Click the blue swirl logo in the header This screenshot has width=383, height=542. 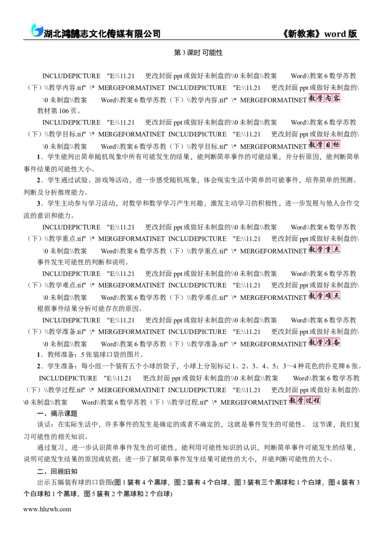coord(36,31)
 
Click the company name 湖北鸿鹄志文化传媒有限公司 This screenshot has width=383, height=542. coord(102,33)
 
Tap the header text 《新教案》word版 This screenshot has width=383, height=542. coord(319,33)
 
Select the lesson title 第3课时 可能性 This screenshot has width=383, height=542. coord(198,53)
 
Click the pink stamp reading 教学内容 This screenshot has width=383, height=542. coord(324,99)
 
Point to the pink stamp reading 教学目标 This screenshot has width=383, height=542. coord(324,145)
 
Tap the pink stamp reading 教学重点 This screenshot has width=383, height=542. coord(324,249)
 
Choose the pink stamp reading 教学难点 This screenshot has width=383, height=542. coord(324,296)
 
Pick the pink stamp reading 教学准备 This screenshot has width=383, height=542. coord(324,342)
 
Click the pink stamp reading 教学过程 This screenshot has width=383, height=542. coord(305,400)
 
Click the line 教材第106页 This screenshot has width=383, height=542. coord(59,111)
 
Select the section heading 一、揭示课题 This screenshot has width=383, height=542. coord(57,413)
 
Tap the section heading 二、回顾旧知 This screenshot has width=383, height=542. coord(57,472)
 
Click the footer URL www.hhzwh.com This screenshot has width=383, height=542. coord(47,509)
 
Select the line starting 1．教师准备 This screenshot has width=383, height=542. coord(90,354)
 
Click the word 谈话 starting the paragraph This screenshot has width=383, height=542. coord(44,424)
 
